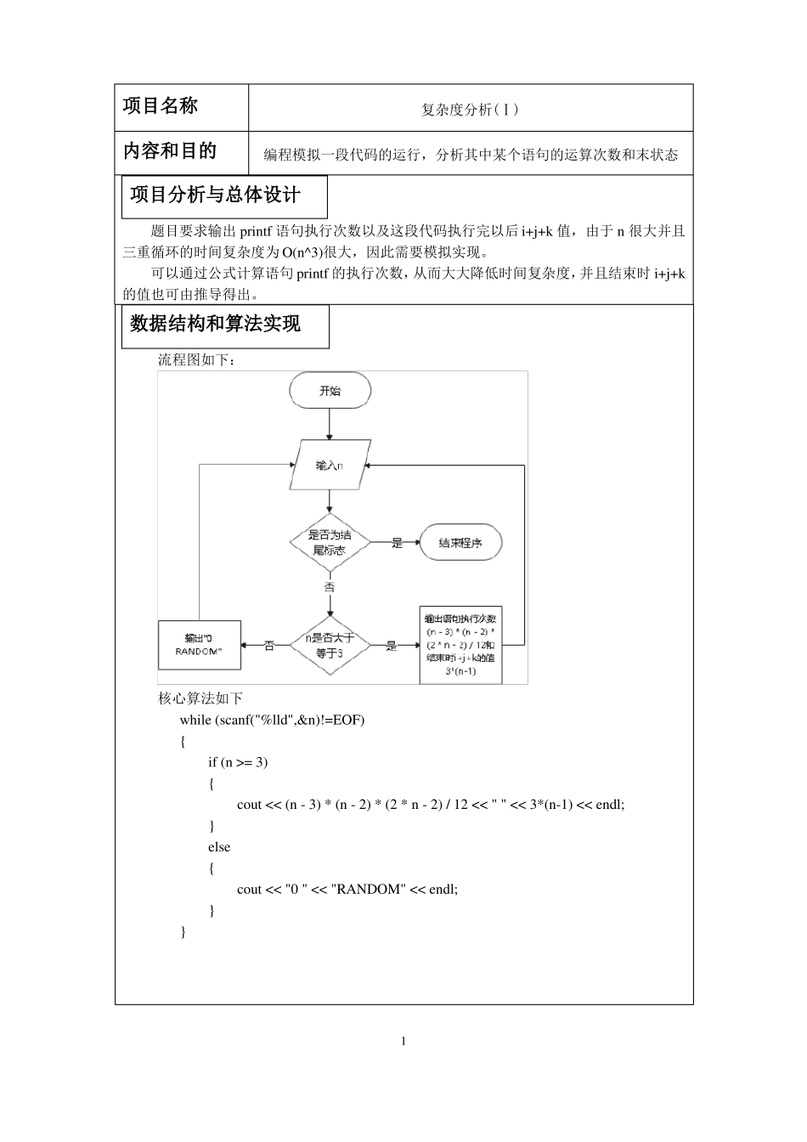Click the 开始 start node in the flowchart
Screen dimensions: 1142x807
330,391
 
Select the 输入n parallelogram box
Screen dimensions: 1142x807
329,466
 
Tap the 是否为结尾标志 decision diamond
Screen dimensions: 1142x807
329,543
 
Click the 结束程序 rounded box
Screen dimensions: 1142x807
460,543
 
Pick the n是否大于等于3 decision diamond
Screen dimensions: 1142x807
329,646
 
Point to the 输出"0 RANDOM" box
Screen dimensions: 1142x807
200,645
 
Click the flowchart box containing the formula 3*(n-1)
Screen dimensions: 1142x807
460,645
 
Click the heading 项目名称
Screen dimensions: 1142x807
161,106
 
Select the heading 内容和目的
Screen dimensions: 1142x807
170,151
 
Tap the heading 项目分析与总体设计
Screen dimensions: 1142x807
216,195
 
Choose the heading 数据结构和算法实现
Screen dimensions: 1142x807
216,324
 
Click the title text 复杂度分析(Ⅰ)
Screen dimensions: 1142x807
470,110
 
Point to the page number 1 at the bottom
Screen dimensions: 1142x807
403,1042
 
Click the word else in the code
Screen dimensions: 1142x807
219,847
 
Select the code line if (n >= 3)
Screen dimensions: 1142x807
238,762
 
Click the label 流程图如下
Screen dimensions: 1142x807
196,360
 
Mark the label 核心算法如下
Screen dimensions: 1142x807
200,698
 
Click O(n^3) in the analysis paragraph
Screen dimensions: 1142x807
305,252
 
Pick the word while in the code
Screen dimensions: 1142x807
195,721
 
